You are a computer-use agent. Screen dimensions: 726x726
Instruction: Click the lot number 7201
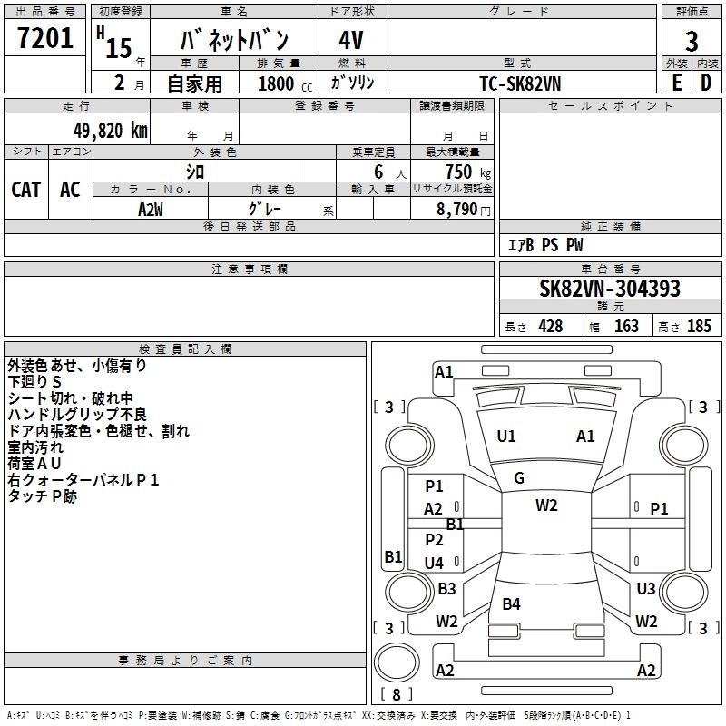(45, 38)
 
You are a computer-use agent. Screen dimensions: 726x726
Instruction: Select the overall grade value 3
(692, 41)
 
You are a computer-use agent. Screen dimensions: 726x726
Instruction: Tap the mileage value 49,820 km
(110, 131)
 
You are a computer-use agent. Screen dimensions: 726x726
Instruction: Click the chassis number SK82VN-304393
(610, 288)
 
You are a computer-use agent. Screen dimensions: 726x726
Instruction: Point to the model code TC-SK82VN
(520, 83)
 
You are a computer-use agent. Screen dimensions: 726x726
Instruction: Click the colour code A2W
(151, 210)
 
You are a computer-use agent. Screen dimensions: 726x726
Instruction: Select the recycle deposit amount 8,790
(457, 209)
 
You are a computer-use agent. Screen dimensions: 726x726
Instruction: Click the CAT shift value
(26, 190)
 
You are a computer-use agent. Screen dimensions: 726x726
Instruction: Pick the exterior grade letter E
(676, 83)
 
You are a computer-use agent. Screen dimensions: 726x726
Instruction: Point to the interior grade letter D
(706, 83)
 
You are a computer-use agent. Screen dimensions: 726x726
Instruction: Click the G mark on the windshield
(519, 477)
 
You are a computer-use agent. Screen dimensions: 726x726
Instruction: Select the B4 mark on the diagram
(511, 603)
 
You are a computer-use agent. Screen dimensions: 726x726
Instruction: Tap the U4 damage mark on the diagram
(434, 563)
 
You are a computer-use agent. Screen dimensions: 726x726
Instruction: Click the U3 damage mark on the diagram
(646, 588)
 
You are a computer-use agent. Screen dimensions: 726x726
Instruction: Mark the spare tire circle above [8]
(397, 662)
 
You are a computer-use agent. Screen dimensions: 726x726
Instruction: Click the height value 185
(699, 326)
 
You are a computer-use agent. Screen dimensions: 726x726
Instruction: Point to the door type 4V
(351, 40)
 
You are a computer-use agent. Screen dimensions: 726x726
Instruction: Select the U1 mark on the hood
(506, 437)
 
